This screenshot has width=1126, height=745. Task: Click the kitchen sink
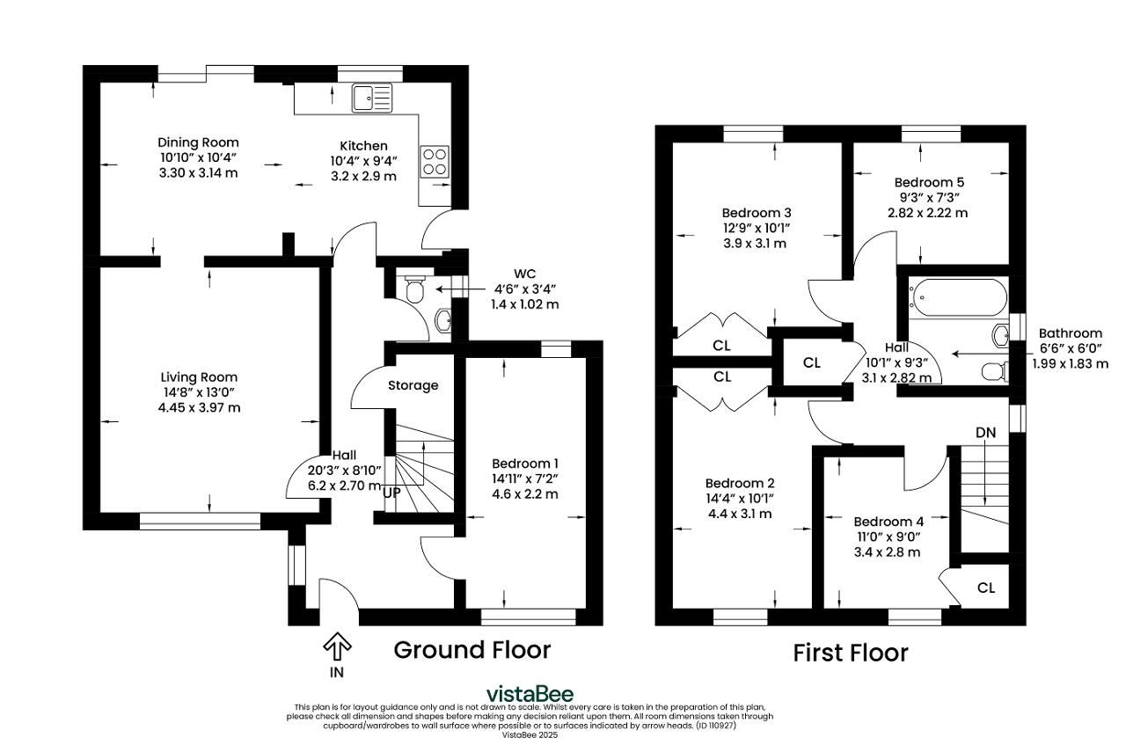pyautogui.click(x=372, y=98)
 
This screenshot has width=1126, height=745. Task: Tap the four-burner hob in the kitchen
pyautogui.click(x=435, y=161)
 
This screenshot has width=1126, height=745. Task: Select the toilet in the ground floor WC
pyautogui.click(x=414, y=289)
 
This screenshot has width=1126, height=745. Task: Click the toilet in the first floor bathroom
pyautogui.click(x=995, y=371)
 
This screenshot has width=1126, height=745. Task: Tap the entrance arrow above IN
pyautogui.click(x=337, y=646)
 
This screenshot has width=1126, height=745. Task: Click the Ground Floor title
pyautogui.click(x=472, y=650)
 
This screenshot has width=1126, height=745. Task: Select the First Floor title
pyautogui.click(x=851, y=653)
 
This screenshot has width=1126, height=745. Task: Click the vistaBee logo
pyautogui.click(x=530, y=694)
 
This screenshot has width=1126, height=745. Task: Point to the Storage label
pyautogui.click(x=413, y=385)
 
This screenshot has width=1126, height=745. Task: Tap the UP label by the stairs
pyautogui.click(x=391, y=493)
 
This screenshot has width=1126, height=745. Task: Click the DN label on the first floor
pyautogui.click(x=986, y=433)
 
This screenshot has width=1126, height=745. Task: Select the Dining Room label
pyautogui.click(x=198, y=142)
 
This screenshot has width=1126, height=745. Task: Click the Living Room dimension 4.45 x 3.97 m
pyautogui.click(x=199, y=408)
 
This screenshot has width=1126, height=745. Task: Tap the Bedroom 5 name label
pyautogui.click(x=929, y=182)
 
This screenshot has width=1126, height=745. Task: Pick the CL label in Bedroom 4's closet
pyautogui.click(x=986, y=588)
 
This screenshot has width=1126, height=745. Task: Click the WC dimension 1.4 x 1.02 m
pyautogui.click(x=525, y=304)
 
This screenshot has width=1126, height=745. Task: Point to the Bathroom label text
pyautogui.click(x=1071, y=333)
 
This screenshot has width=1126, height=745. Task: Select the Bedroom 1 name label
pyautogui.click(x=525, y=464)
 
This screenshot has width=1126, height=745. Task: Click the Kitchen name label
pyautogui.click(x=363, y=146)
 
